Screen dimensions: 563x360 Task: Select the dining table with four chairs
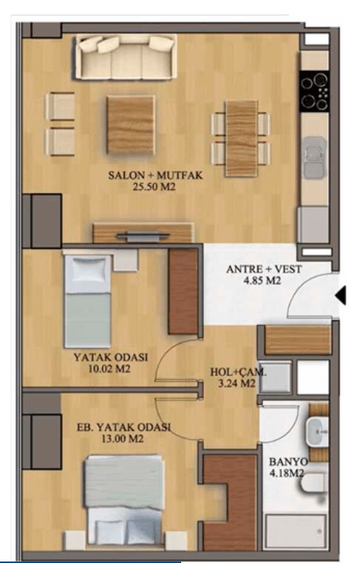(241, 137)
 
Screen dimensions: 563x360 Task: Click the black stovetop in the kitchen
(313, 91)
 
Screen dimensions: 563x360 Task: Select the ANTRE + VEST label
(265, 269)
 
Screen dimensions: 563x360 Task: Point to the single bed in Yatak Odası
(87, 299)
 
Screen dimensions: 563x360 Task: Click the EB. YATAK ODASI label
(124, 428)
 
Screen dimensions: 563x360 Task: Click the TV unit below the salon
(143, 234)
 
